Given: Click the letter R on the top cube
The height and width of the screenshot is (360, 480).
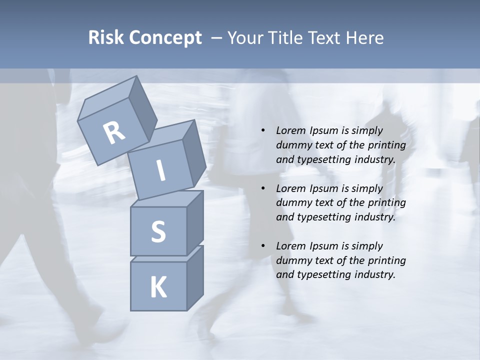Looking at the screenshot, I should click(x=114, y=133).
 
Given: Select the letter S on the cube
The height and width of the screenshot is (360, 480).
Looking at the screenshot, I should click(x=158, y=231).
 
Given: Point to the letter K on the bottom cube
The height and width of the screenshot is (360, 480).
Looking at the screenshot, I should click(x=158, y=287).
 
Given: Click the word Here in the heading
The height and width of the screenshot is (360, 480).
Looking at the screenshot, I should click(x=365, y=38).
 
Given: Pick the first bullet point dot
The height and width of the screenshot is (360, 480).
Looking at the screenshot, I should click(x=263, y=130).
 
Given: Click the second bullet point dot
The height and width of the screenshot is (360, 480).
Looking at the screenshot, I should click(x=263, y=188).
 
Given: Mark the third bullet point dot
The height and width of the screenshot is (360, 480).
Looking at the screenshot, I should click(x=263, y=246).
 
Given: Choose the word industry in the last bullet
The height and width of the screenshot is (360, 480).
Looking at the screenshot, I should click(x=375, y=274).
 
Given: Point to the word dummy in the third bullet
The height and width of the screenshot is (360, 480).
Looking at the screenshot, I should click(x=292, y=260).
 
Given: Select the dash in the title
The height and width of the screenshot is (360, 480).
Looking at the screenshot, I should click(x=217, y=38).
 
